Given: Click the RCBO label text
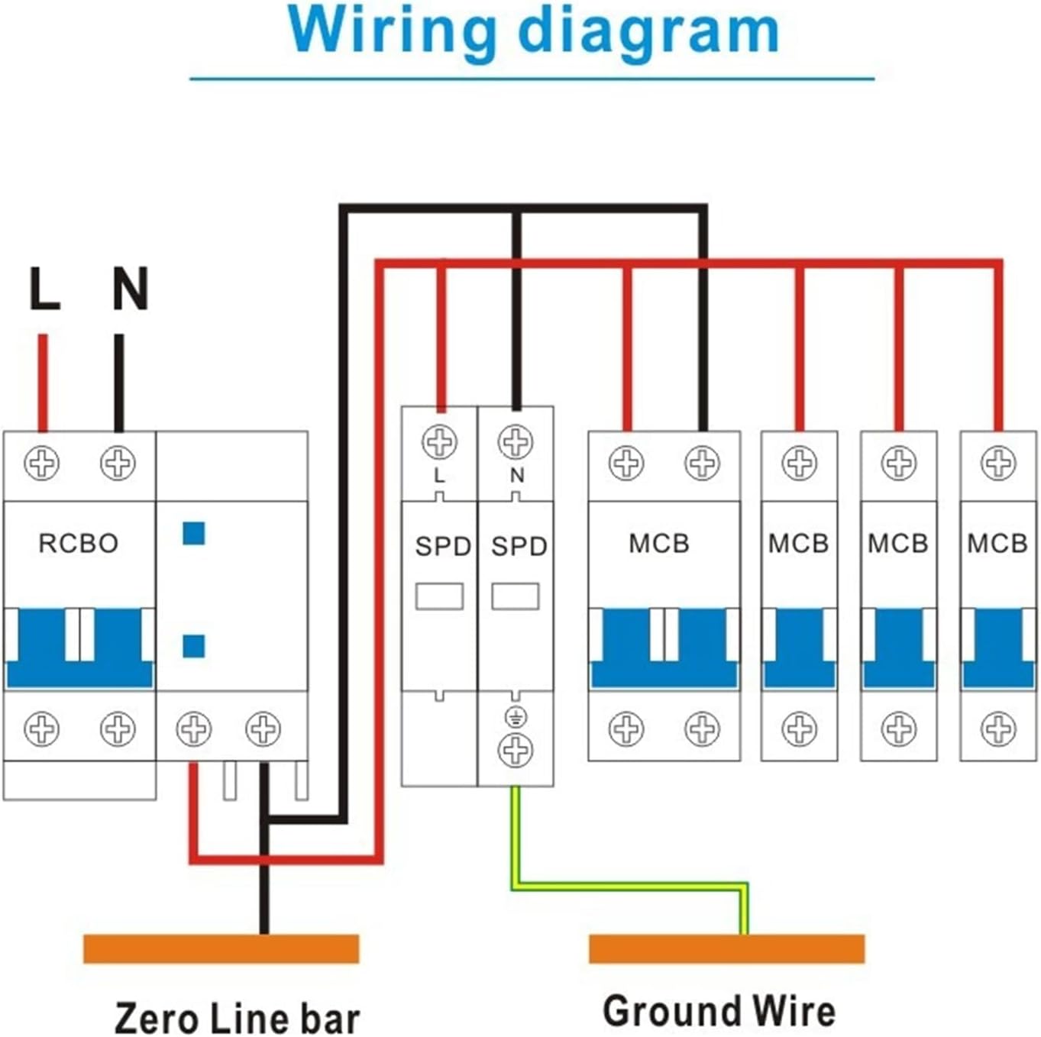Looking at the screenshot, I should click(79, 543).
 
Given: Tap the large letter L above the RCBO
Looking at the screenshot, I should click(44, 289).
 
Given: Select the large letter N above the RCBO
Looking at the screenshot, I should click(131, 289).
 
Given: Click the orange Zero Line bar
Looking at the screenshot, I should click(221, 948).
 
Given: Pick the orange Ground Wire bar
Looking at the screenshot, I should click(726, 948).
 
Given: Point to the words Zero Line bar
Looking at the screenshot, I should click(237, 1018).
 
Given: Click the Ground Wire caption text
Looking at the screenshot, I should click(719, 1011).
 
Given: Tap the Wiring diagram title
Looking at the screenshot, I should click(533, 31).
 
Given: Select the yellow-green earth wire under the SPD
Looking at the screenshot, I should click(626, 887).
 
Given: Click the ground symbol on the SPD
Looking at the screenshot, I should click(516, 717).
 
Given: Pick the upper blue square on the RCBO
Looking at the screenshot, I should click(194, 533).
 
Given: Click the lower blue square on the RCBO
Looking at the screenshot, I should click(194, 646).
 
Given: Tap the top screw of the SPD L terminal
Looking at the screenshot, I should click(440, 442).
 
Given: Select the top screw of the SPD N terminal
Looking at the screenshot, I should click(516, 442).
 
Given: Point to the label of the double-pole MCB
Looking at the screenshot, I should click(659, 543).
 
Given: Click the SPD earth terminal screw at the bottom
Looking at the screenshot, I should click(516, 751).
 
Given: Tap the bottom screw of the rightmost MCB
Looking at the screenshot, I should click(997, 728).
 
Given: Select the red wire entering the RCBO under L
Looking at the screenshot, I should click(43, 382).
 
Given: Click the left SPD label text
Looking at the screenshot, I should click(443, 546).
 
